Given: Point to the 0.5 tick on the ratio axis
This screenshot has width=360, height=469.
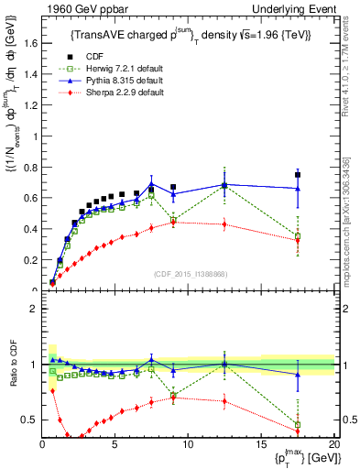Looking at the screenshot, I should coord(32,420).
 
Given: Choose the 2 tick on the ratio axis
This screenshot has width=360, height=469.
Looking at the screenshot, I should coord(35,309).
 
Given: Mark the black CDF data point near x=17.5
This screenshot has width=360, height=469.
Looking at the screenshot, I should coord(298,175).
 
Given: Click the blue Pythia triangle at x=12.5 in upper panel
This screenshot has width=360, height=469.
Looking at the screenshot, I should coord(224,184).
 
